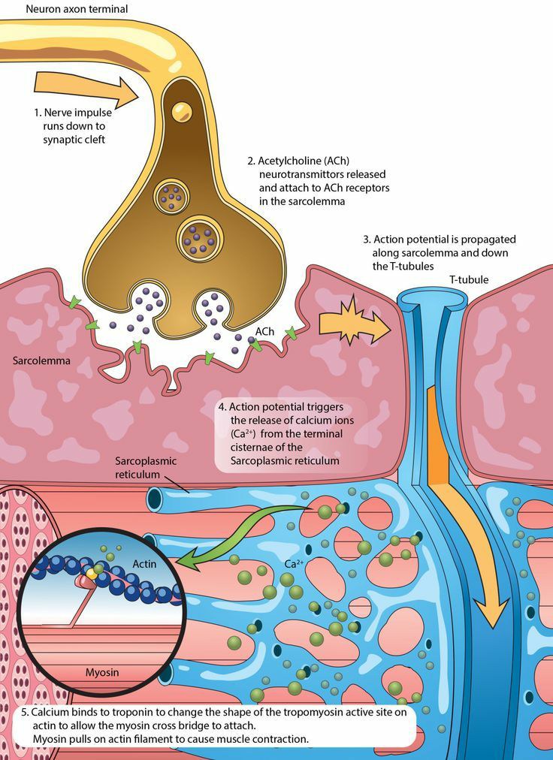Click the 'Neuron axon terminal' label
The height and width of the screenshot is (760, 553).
pyautogui.click(x=77, y=9)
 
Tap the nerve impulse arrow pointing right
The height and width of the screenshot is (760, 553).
pyautogui.click(x=86, y=89)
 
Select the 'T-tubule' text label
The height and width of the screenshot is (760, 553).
pyautogui.click(x=469, y=279)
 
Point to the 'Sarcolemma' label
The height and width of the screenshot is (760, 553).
pyautogui.click(x=41, y=360)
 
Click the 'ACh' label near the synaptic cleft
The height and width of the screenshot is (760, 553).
pyautogui.click(x=264, y=331)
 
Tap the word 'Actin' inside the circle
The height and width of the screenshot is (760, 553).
pyautogui.click(x=144, y=564)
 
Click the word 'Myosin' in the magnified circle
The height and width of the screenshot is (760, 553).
pyautogui.click(x=102, y=672)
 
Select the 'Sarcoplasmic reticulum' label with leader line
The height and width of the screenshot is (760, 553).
pyautogui.click(x=146, y=468)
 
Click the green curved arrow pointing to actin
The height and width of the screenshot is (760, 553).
pyautogui.click(x=243, y=533)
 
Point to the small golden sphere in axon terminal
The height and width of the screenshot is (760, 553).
pyautogui.click(x=182, y=112)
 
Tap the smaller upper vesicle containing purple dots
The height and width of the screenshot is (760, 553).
pyautogui.click(x=171, y=195)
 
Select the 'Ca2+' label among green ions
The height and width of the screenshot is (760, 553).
pyautogui.click(x=294, y=564)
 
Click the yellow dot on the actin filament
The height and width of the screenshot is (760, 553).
pyautogui.click(x=90, y=574)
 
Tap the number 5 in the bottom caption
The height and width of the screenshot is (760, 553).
pyautogui.click(x=25, y=713)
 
